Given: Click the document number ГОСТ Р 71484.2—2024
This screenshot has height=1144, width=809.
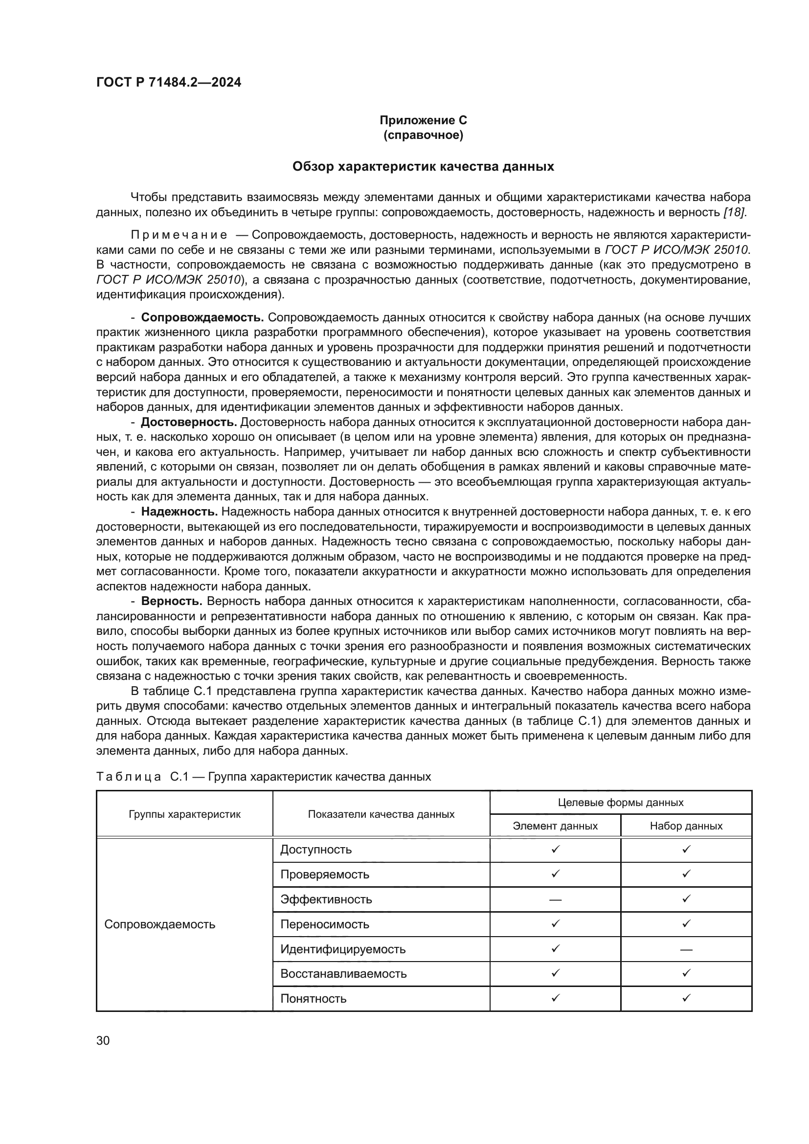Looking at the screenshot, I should (168, 83).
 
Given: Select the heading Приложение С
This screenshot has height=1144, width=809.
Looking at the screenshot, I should (423, 120).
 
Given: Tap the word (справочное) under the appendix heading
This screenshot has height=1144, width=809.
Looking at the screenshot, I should (423, 135).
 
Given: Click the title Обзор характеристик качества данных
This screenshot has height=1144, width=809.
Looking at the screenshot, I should (423, 166).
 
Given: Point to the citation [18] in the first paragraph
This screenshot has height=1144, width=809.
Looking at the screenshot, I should (734, 212).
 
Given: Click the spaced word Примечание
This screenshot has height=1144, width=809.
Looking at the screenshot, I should (179, 235).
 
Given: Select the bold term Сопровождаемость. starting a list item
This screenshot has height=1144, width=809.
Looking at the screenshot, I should (202, 317).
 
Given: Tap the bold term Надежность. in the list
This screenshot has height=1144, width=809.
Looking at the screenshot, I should (180, 512).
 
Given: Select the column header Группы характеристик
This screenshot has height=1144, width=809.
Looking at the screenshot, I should (184, 815).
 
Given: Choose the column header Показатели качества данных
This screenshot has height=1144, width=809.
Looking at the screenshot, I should (381, 815).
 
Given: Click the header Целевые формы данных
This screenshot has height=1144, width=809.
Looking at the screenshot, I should (621, 803).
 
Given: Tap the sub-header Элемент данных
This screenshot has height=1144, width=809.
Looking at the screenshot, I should (555, 826).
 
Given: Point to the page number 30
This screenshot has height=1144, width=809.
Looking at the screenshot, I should (103, 1041).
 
